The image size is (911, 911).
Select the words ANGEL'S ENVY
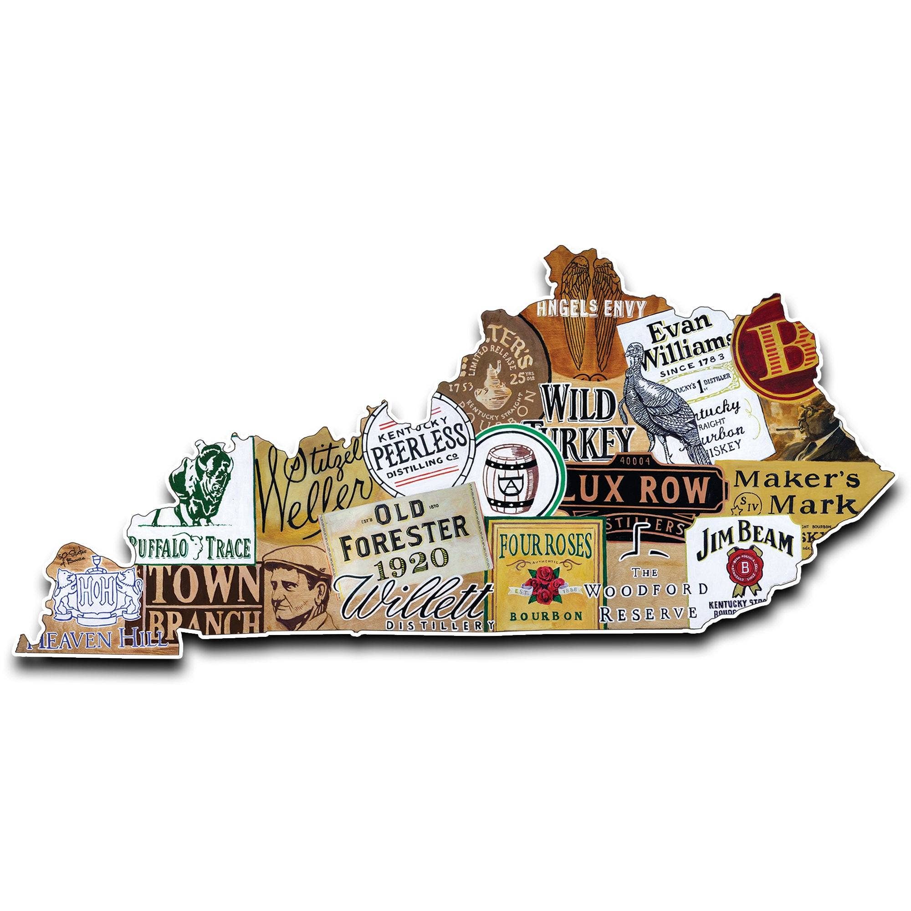[591, 309]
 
